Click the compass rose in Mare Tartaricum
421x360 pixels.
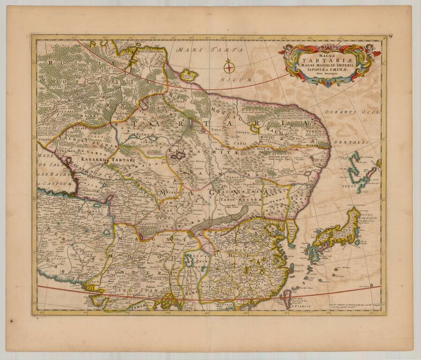tap(229, 67)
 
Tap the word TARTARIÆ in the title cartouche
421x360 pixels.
tap(326, 59)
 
